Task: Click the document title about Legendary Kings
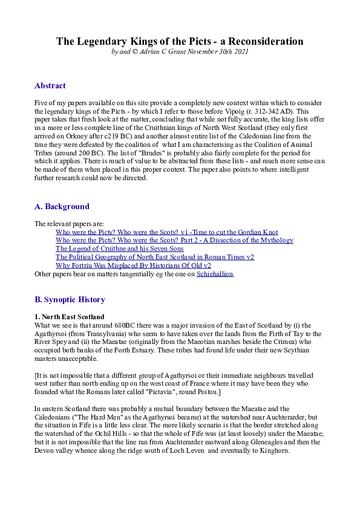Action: point(180,41)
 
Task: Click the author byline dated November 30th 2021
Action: point(180,52)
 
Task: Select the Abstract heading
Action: point(50,86)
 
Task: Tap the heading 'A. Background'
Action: point(62,207)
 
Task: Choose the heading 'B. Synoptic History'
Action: point(70,300)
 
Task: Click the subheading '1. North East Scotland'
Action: point(69,317)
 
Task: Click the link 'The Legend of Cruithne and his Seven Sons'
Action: point(120,248)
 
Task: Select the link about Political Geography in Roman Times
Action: point(155,257)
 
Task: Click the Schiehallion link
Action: point(215,274)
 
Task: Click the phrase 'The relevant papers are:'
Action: point(70,224)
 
